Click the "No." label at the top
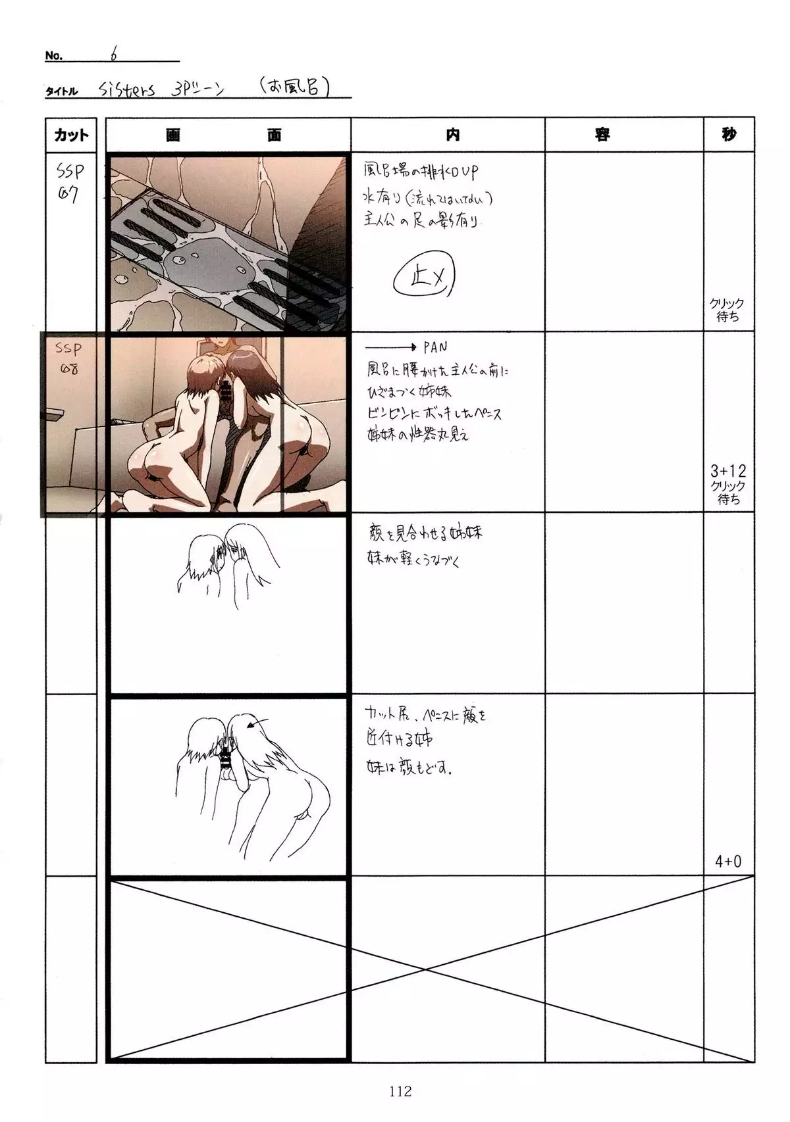53,56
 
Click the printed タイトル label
61,91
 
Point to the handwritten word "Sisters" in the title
127,89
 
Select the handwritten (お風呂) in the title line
294,86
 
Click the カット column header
71,135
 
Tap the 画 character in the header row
173,135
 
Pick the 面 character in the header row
275,135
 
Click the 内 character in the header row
452,135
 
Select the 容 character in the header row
602,135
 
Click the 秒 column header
728,135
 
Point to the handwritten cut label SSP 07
70,182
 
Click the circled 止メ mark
425,279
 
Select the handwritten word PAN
436,347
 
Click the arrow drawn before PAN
391,347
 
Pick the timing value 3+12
728,471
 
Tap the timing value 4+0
728,861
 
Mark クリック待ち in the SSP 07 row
727,310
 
